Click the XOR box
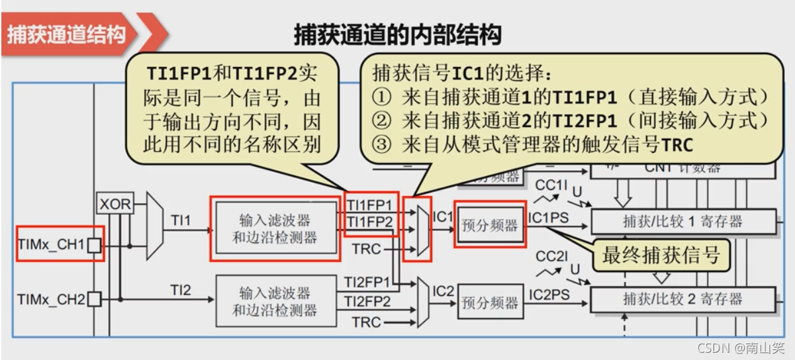115,204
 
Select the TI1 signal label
180,219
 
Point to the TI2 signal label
180,289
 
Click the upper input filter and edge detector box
274,229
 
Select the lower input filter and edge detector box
274,301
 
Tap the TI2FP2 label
367,301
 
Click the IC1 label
442,216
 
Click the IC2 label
442,290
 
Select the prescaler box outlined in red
490,225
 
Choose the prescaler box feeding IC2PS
490,302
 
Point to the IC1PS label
547,216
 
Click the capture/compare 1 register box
682,222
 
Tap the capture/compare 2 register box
682,299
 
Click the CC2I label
551,256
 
